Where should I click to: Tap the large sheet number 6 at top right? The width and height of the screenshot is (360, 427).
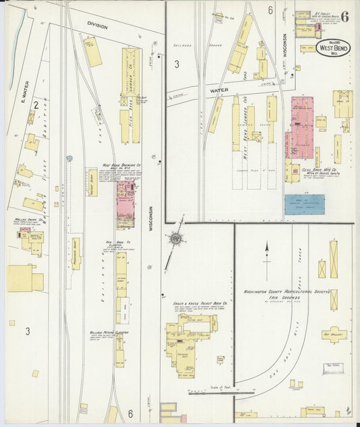(x=344, y=17)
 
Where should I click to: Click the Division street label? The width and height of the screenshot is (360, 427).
(x=97, y=26)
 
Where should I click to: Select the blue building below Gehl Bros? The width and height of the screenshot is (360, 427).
(x=304, y=205)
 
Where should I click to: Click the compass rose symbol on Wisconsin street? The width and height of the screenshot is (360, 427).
(x=175, y=238)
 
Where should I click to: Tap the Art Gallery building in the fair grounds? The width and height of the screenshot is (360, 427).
(x=334, y=334)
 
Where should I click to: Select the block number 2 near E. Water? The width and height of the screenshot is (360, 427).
(x=34, y=105)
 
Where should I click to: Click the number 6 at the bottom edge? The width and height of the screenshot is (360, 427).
(x=129, y=412)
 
